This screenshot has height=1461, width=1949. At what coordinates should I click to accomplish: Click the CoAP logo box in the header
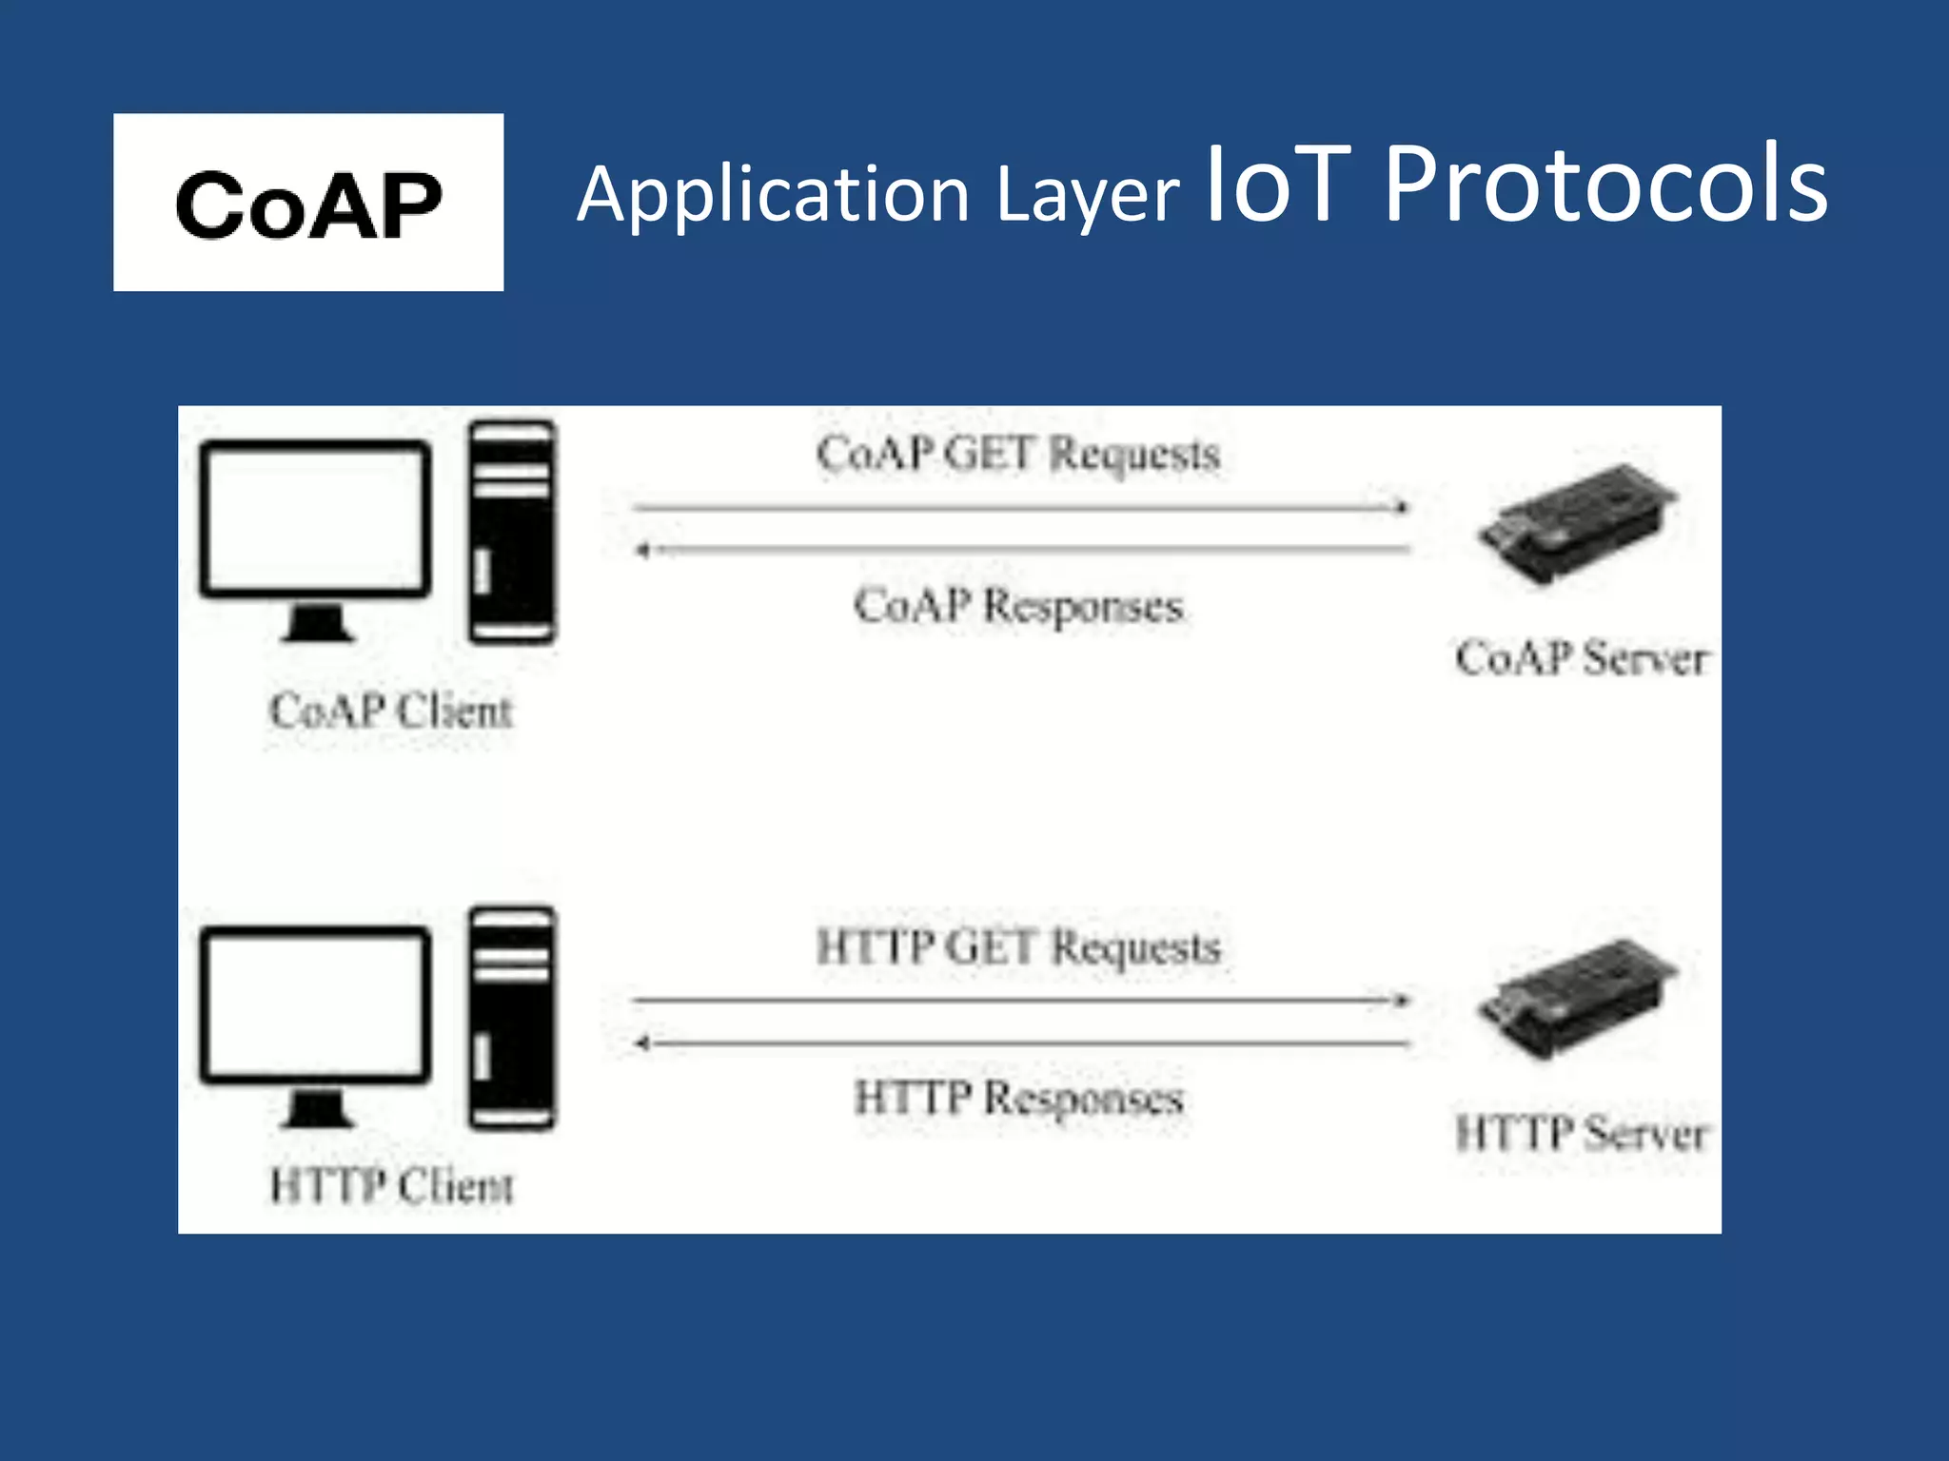(308, 202)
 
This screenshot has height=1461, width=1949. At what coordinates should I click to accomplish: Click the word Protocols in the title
(1605, 185)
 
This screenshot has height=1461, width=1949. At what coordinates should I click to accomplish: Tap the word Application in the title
(773, 194)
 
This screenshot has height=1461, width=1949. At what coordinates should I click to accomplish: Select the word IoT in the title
(1278, 185)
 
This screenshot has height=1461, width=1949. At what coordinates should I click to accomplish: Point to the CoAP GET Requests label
(1017, 454)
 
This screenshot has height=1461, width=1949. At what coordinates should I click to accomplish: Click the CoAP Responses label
(1017, 606)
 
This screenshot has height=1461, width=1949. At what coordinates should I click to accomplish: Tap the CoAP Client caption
(391, 711)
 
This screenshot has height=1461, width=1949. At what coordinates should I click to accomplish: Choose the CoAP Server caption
(1582, 658)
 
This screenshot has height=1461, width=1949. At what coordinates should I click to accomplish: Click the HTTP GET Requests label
(1017, 947)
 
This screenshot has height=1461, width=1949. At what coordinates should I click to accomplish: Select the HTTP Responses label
(1017, 1098)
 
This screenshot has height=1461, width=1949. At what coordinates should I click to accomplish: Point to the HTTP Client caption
(391, 1186)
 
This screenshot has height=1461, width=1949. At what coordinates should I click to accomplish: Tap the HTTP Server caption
(1582, 1134)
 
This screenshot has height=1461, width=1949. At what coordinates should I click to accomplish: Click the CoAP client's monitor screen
(315, 518)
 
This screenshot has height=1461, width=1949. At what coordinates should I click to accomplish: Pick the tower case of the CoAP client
(512, 533)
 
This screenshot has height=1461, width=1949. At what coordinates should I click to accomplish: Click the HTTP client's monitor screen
(315, 1003)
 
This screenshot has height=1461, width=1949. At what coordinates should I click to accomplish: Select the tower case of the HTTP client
(512, 1018)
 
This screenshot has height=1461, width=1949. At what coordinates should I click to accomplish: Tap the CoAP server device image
(1578, 521)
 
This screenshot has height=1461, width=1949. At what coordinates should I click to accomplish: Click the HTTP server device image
(1578, 997)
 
